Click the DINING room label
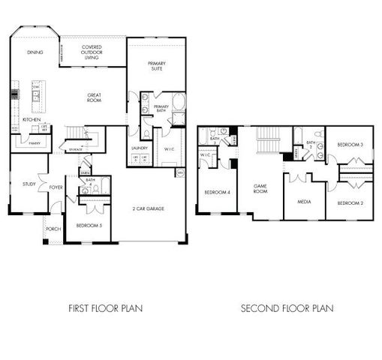pos(35,52)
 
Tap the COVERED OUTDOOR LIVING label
pos(92,52)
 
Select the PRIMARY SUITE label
pos(156,66)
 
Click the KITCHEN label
pos(31,120)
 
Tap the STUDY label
pos(29,184)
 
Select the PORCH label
pos(53,229)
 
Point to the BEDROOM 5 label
pos(89,225)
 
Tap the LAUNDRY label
pos(140,148)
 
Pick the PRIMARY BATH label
pos(162,109)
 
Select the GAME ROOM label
pos(260,189)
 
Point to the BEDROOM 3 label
pos(350,144)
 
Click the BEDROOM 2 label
pos(350,203)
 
